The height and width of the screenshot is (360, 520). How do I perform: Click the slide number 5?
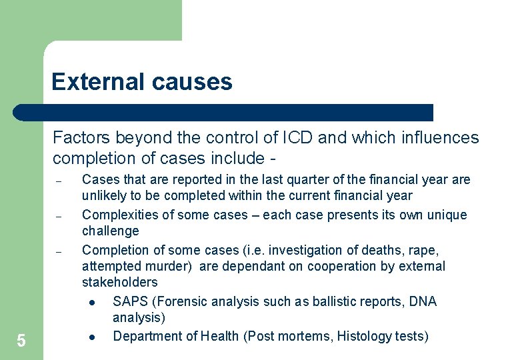21,341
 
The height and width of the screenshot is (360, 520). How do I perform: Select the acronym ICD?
297,138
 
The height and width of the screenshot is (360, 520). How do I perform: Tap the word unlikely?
103,196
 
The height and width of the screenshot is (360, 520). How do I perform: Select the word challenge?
110,231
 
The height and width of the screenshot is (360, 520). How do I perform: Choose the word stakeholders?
120,283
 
